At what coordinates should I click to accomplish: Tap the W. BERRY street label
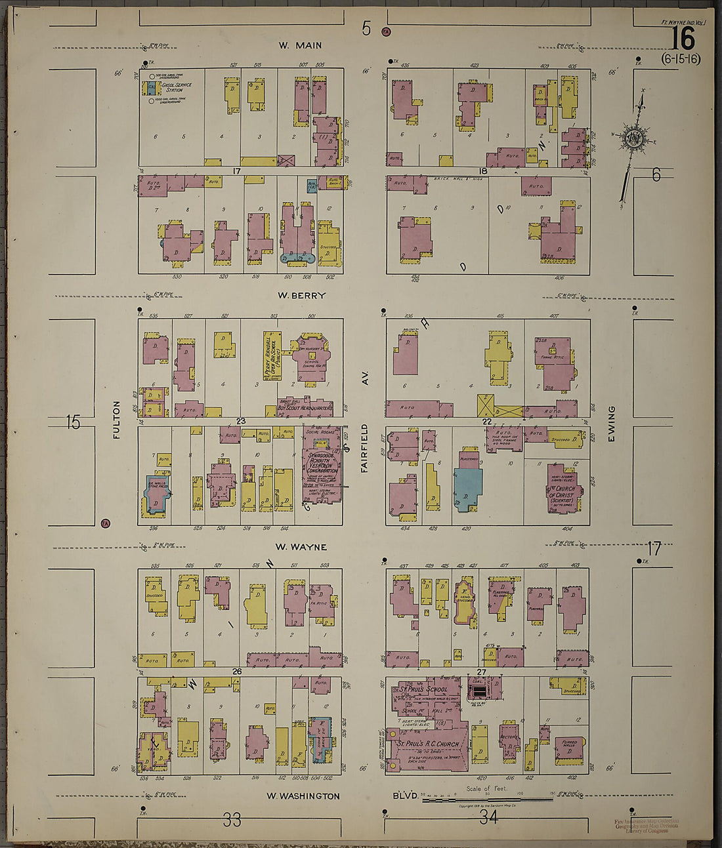click(301, 296)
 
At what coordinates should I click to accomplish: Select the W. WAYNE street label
click(301, 547)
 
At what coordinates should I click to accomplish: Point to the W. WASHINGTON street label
click(303, 796)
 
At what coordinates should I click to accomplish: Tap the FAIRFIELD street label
click(364, 448)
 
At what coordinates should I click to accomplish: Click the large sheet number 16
click(683, 39)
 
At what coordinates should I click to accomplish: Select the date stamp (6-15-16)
click(681, 59)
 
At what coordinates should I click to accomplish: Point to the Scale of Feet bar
click(487, 799)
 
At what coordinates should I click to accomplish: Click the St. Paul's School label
click(423, 690)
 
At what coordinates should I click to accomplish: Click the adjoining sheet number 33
click(232, 820)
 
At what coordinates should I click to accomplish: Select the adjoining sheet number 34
click(488, 817)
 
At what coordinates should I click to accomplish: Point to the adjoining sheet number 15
click(73, 423)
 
